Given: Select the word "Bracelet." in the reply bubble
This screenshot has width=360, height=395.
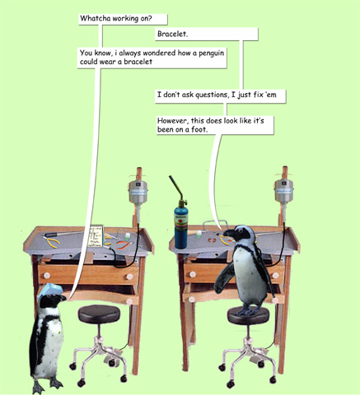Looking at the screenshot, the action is pyautogui.click(x=173, y=35).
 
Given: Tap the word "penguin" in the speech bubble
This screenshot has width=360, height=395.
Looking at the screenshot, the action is pyautogui.click(x=211, y=53).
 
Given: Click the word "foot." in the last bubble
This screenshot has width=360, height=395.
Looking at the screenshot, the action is pyautogui.click(x=199, y=129).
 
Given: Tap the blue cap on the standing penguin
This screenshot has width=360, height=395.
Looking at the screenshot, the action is pyautogui.click(x=49, y=290).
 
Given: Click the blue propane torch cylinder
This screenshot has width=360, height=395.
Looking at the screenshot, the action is pyautogui.click(x=180, y=228).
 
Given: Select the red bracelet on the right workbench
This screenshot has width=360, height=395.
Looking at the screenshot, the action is pyautogui.click(x=212, y=240).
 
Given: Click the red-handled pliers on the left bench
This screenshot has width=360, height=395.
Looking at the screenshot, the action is pyautogui.click(x=122, y=244).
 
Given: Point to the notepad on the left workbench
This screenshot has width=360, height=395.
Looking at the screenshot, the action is pyautogui.click(x=96, y=236).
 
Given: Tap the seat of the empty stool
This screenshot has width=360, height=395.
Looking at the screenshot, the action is pyautogui.click(x=99, y=314).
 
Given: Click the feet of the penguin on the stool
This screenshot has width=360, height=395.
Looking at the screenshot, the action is pyautogui.click(x=250, y=310).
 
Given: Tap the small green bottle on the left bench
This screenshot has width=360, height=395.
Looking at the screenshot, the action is pyautogui.click(x=127, y=236).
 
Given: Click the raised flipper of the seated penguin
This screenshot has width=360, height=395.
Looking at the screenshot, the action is pyautogui.click(x=225, y=277).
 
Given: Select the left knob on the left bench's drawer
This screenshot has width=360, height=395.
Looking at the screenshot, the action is pyautogui.click(x=47, y=275).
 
